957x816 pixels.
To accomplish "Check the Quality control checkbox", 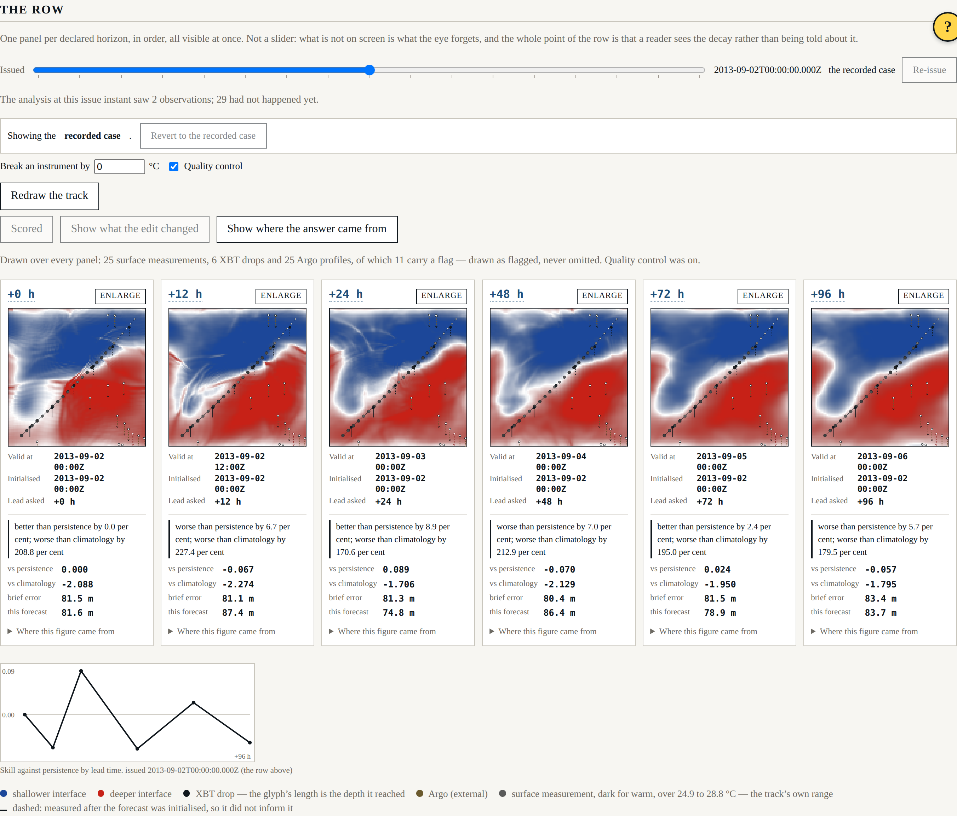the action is point(174,167).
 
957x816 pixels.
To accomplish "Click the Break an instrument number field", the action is point(120,167).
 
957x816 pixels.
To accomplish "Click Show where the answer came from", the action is point(307,229).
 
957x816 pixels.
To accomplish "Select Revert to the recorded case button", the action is point(203,136).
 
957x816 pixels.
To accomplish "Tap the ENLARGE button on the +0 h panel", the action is point(120,295).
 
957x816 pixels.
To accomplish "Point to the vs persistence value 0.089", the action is point(396,569).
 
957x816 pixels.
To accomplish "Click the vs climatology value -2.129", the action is point(559,584).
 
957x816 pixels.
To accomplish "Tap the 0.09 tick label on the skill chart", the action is point(8,672).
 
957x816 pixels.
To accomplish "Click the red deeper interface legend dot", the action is point(101,793).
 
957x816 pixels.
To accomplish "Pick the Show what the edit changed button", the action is point(135,229).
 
